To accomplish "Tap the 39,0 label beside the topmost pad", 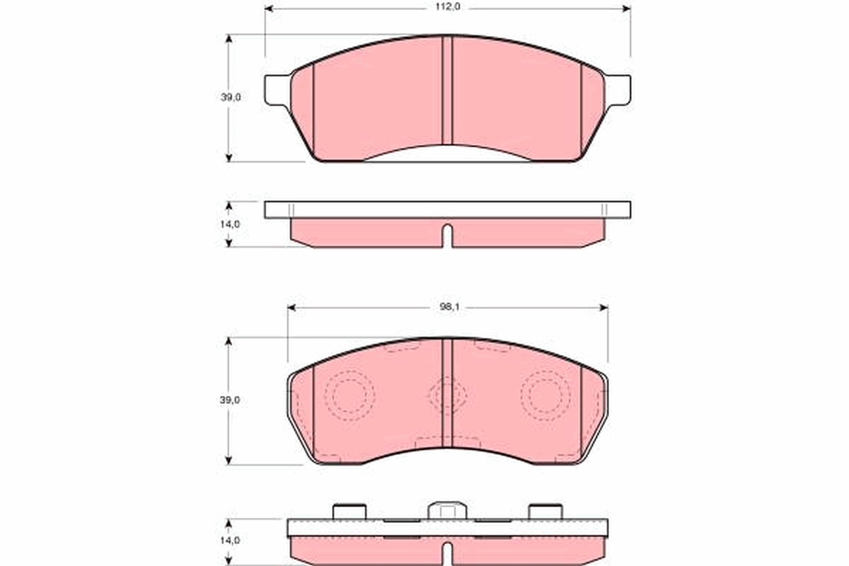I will pos(231,98).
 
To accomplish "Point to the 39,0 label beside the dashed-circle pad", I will pos(231,400).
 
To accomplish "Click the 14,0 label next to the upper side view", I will pos(231,224).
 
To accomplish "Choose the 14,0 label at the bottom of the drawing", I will pos(231,541).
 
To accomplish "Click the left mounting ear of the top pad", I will pos(277,90).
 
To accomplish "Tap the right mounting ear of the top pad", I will pos(618,90).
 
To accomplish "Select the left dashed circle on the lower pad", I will pos(349,395).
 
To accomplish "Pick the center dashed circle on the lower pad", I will pos(447,395).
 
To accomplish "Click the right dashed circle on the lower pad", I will pos(545,395).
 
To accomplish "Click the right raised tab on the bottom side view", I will pos(545,511).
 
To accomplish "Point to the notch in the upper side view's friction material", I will pos(447,236).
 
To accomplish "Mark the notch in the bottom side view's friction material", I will pos(447,552).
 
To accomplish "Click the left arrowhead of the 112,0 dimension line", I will pos(270,8).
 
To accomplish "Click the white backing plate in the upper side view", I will pos(447,209).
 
